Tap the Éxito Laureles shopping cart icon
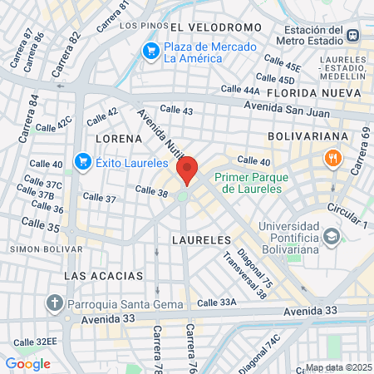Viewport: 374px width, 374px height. (x=81, y=161)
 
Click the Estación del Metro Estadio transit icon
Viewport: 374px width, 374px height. (x=353, y=35)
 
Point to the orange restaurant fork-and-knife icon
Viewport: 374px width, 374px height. (x=332, y=158)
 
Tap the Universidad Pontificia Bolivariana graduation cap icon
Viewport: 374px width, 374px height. (x=332, y=237)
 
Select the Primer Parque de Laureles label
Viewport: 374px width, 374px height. (x=248, y=183)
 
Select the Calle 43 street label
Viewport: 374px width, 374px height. (x=176, y=111)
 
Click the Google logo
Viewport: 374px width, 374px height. (x=27, y=363)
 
